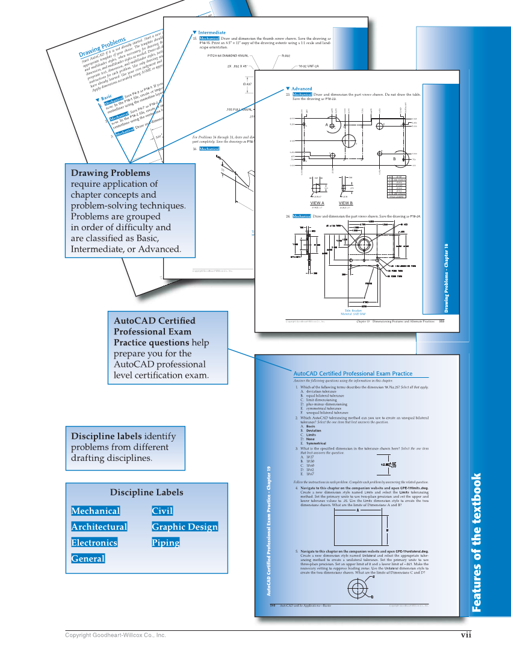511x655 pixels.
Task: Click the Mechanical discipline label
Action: pos(95,511)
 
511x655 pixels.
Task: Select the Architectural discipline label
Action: pos(99,527)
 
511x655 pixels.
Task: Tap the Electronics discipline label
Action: pos(94,542)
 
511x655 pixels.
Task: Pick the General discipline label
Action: pos(88,559)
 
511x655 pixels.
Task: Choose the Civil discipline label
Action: pos(163,511)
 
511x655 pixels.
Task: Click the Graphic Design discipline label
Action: pos(185,527)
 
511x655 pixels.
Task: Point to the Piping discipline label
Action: pos(166,542)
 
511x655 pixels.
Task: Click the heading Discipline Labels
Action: pos(146,492)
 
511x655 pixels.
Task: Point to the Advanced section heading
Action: pos(302,89)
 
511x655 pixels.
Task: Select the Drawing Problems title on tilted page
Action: pos(102,48)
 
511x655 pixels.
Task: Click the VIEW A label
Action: pos(317,203)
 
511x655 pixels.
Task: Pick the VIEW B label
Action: pos(346,203)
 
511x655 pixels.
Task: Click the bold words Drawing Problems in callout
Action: pos(111,173)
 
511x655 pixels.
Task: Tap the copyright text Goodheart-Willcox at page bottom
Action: pos(115,636)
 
